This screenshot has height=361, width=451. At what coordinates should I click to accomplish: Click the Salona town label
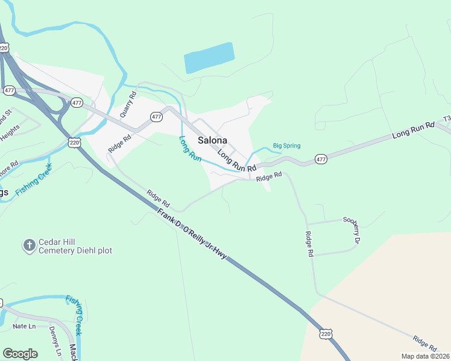tap(212, 140)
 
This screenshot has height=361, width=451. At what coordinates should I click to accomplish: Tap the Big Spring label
tap(286, 146)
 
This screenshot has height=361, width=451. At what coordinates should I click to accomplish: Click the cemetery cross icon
tap(28, 245)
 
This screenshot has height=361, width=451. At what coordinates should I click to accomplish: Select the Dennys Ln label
tap(55, 341)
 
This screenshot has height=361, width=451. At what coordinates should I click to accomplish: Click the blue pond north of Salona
tap(209, 58)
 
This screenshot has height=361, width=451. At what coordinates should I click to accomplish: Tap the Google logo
tap(20, 354)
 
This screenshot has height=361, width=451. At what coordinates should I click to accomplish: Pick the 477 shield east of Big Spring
tap(321, 159)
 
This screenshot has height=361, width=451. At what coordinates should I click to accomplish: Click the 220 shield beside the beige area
tap(326, 333)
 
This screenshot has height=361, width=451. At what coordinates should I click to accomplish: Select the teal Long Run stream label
tap(191, 148)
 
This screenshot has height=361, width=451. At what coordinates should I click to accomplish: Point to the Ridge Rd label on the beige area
tap(425, 344)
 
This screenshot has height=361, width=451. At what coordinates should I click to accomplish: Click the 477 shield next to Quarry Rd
tap(156, 117)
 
